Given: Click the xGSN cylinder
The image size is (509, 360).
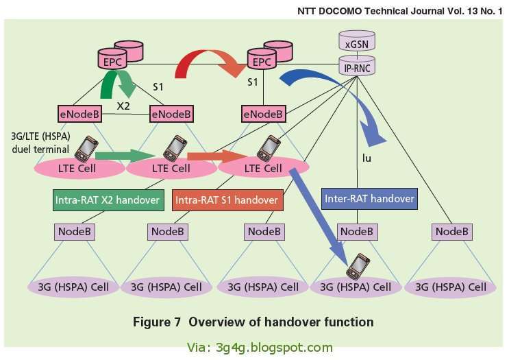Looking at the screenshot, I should click(x=358, y=43).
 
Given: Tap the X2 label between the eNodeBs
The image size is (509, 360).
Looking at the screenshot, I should click(x=123, y=106).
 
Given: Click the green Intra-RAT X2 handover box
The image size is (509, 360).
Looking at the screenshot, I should click(x=107, y=200).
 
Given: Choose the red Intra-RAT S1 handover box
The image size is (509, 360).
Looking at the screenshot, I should click(x=227, y=200).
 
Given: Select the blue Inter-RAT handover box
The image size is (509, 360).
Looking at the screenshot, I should click(x=369, y=199).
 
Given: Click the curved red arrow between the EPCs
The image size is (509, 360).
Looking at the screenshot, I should click(x=208, y=63).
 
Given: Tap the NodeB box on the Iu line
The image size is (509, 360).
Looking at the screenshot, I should click(x=358, y=232).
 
